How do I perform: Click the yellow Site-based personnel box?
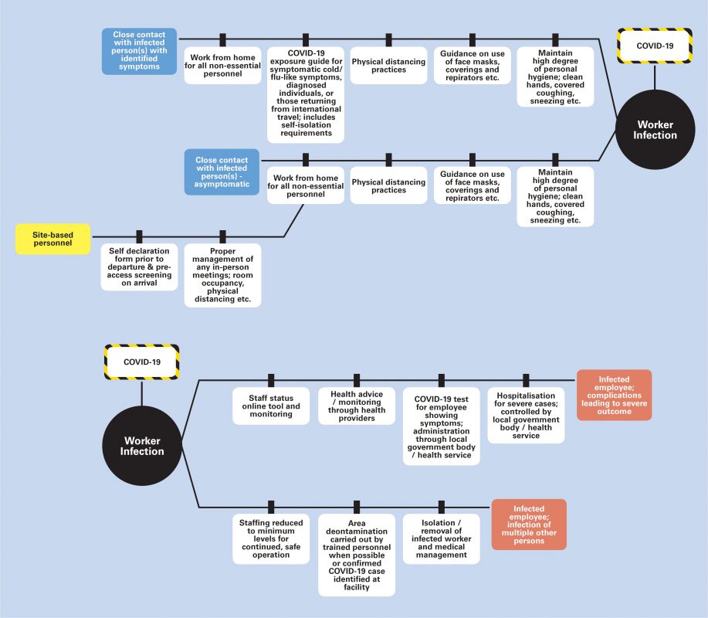[53, 239]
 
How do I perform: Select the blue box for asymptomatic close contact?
[222, 172]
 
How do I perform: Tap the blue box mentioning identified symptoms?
[139, 51]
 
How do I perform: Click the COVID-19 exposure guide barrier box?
[306, 95]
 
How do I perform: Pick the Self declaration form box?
[139, 267]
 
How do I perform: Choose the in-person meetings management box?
[222, 275]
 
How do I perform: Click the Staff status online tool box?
[271, 406]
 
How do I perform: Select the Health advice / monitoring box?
[357, 406]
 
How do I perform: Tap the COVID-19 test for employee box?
[442, 426]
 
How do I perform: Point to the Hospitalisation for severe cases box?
[526, 415]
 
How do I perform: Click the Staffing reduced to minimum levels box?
[271, 538]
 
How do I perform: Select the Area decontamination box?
[357, 555]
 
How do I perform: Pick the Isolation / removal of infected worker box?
[442, 538]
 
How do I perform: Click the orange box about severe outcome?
[614, 396]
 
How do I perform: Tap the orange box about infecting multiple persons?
[529, 525]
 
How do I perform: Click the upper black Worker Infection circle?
[655, 130]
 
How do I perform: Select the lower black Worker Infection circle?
[142, 446]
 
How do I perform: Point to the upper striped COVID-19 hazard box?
[655, 46]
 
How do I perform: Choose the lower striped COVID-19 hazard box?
[142, 362]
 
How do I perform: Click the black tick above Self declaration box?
[139, 236]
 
